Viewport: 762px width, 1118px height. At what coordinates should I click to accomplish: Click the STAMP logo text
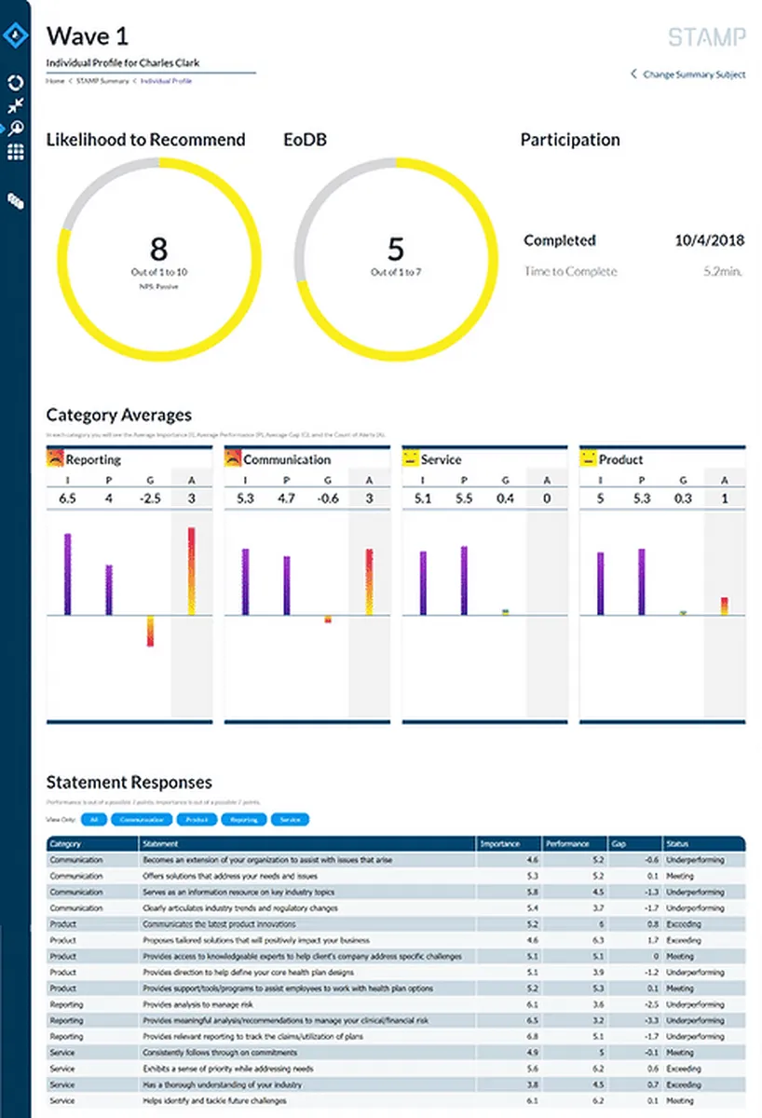point(706,37)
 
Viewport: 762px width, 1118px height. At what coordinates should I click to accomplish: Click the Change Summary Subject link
point(693,75)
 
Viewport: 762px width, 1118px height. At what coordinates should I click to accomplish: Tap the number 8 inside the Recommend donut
point(158,249)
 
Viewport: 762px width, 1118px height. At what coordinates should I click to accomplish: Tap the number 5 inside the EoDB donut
point(396,249)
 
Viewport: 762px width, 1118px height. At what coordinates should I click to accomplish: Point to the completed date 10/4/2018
point(709,240)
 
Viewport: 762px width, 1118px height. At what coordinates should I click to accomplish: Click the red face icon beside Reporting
point(55,458)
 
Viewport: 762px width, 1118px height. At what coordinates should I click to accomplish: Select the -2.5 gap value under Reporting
point(149,498)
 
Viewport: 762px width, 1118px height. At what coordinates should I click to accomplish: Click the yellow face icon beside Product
point(588,458)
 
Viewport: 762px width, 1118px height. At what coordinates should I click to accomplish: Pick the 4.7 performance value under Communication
point(286,498)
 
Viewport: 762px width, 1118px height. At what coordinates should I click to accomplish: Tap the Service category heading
point(441,459)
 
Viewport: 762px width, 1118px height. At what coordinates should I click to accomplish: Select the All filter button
point(92,820)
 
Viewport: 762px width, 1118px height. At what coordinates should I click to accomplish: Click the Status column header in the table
point(677,844)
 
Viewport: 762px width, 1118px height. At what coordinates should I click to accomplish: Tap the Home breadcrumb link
point(55,82)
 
